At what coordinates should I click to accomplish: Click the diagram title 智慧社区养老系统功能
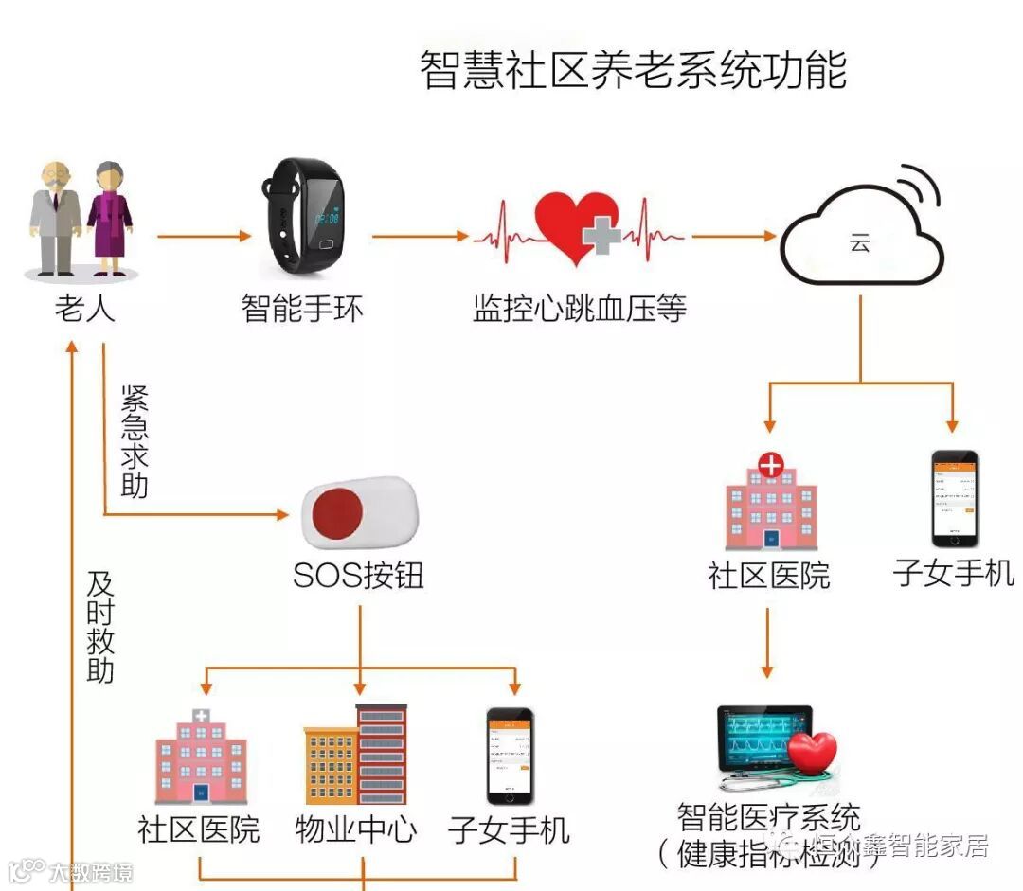[633, 71]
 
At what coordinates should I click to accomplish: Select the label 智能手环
[302, 309]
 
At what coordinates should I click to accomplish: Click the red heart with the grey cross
[577, 228]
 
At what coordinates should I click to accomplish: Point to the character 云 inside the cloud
[859, 243]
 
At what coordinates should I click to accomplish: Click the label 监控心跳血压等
[580, 309]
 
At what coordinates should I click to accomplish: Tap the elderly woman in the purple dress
[108, 219]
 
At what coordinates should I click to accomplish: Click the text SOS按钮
[358, 576]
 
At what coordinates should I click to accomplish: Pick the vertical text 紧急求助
[135, 441]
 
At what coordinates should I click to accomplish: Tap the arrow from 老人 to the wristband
[205, 236]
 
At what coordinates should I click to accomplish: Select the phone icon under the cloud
[954, 498]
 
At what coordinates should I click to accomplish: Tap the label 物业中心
[355, 830]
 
